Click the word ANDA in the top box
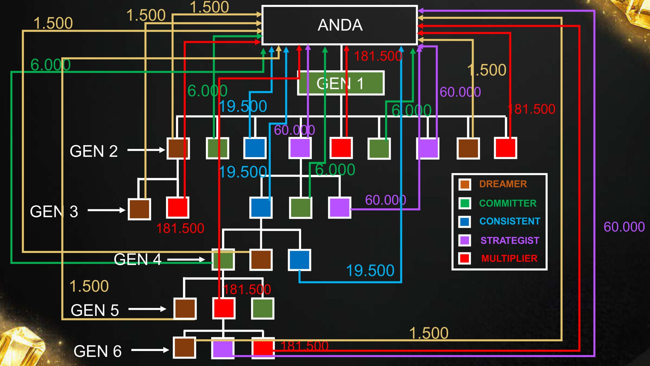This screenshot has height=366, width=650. [340, 25]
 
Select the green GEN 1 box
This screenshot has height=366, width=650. [340, 83]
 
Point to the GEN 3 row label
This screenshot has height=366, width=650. [54, 211]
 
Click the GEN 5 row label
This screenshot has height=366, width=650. [95, 310]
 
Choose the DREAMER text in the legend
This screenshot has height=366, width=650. [503, 184]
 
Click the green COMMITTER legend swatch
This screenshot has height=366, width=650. [465, 203]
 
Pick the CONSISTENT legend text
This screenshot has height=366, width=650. [510, 221]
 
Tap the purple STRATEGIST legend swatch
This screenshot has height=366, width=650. [465, 240]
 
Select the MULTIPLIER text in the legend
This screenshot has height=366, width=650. [509, 258]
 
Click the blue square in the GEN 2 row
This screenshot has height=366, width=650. [255, 148]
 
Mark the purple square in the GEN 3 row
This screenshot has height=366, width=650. [339, 208]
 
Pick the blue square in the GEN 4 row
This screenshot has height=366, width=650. [299, 260]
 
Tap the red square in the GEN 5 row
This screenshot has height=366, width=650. [224, 309]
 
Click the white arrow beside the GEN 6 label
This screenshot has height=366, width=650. [150, 350]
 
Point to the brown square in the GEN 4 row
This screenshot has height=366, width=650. [261, 260]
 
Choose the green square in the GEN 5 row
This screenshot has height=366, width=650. [263, 309]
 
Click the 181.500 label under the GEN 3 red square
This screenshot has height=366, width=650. [180, 228]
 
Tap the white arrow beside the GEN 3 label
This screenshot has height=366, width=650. [106, 210]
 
